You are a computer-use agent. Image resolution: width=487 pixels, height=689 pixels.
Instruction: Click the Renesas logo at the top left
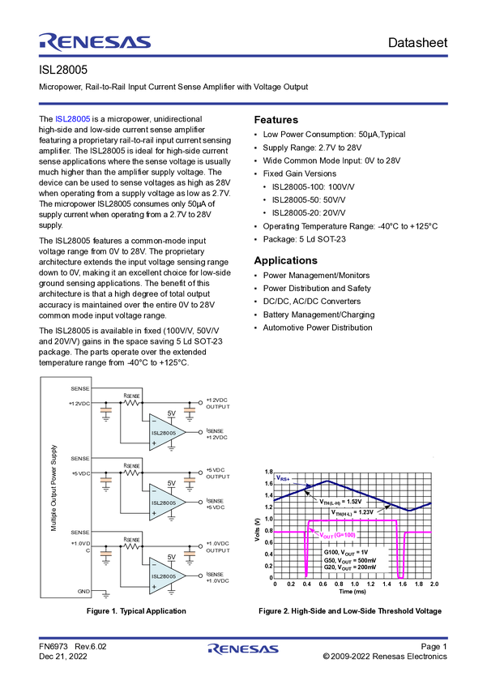click(x=95, y=42)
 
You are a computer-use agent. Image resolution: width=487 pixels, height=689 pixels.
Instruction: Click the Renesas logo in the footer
click(x=243, y=649)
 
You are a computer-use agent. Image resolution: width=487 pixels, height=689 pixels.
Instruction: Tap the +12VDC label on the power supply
click(x=80, y=403)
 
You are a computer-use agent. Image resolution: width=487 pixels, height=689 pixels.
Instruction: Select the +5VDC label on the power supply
click(x=80, y=473)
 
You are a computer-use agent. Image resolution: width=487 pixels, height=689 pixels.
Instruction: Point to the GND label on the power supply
click(x=83, y=592)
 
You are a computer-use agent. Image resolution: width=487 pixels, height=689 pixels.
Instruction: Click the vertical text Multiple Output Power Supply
click(x=54, y=486)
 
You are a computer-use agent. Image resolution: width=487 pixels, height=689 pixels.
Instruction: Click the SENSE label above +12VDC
click(x=80, y=388)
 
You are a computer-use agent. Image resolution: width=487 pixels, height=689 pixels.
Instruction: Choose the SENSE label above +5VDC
click(x=80, y=459)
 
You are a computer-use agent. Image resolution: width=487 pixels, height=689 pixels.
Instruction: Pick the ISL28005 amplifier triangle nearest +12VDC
click(x=166, y=433)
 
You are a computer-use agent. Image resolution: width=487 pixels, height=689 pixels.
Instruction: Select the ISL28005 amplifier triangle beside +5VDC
click(x=166, y=503)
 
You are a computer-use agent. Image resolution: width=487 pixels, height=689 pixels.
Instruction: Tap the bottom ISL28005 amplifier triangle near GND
click(x=166, y=576)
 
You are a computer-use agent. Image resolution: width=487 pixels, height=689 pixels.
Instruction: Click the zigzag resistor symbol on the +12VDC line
click(x=131, y=401)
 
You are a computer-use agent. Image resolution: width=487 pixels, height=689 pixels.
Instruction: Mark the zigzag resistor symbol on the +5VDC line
click(x=131, y=471)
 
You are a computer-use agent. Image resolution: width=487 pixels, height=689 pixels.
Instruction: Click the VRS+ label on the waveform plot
click(x=283, y=478)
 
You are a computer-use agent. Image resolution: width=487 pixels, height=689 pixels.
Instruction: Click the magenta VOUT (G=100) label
click(x=337, y=536)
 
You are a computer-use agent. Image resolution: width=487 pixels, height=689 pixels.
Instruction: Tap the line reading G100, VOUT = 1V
click(x=345, y=551)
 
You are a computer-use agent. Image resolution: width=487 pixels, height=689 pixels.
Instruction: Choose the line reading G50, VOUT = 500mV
click(x=349, y=559)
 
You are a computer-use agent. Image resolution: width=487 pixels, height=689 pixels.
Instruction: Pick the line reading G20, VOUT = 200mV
click(x=349, y=567)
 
